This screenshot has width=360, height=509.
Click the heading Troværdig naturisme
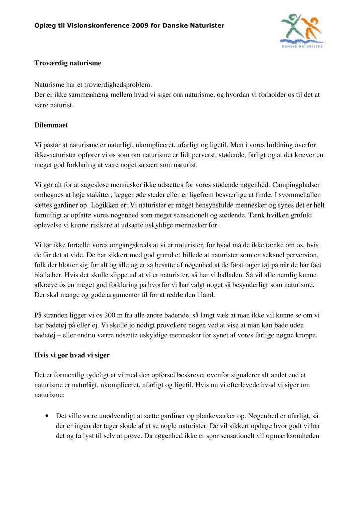[67, 63]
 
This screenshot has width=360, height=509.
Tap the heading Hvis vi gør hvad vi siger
[72, 355]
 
